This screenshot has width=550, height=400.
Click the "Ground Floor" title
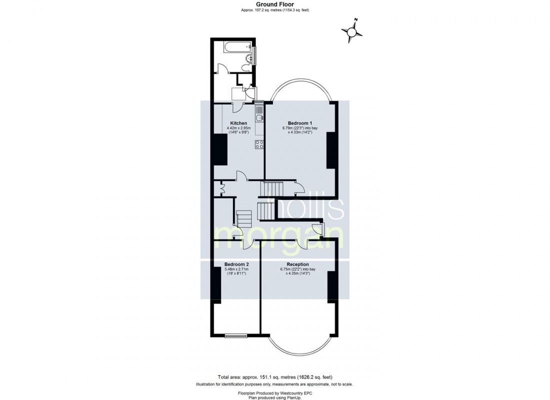[x=274, y=4]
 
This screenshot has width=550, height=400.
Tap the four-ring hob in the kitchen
[x=259, y=144]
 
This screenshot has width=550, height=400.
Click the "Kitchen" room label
[x=238, y=123]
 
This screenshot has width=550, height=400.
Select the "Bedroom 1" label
[x=300, y=123]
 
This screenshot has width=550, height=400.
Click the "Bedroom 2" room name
[x=236, y=264]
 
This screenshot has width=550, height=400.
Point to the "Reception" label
[x=297, y=264]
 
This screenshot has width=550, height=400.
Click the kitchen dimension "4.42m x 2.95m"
[x=238, y=128]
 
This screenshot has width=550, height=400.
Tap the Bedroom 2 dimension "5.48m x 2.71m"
[x=236, y=269]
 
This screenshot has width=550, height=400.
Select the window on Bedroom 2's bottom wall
[x=235, y=335]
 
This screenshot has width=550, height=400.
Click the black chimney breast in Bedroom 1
[x=330, y=150]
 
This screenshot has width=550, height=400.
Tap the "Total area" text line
[x=274, y=376]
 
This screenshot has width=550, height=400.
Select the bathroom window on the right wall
[x=255, y=55]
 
